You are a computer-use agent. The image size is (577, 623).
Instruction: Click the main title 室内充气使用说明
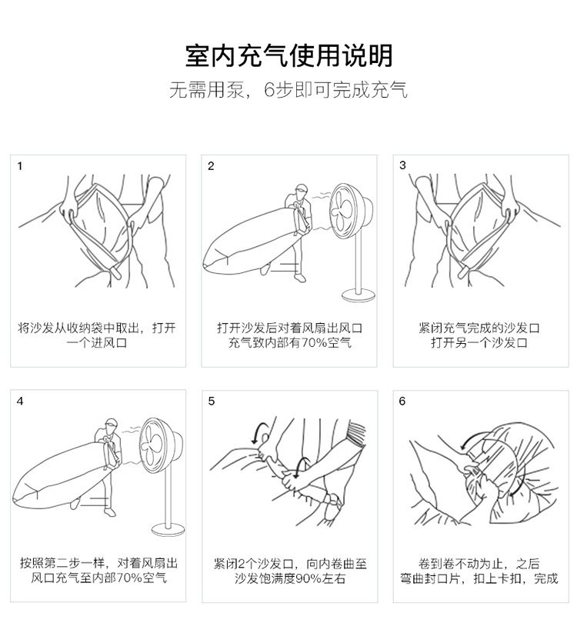click(x=289, y=55)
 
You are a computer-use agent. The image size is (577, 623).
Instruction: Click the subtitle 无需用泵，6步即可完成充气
click(x=288, y=90)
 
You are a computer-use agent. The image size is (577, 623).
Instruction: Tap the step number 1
click(x=20, y=166)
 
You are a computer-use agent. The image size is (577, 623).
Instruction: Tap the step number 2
click(x=211, y=166)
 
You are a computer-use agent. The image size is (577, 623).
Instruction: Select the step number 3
click(x=402, y=165)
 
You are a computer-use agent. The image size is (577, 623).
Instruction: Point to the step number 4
click(x=20, y=401)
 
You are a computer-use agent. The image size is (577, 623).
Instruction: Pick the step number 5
click(x=212, y=401)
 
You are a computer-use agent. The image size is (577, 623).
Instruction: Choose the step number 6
click(x=402, y=401)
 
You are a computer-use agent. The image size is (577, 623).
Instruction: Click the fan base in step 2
click(x=359, y=295)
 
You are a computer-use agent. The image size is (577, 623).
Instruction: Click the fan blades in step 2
click(x=342, y=212)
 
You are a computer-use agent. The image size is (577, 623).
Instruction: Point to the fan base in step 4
click(x=168, y=530)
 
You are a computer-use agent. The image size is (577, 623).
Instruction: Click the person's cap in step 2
click(x=301, y=188)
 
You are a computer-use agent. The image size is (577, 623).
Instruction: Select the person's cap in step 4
click(x=111, y=422)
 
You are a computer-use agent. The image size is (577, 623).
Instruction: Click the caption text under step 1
click(x=97, y=335)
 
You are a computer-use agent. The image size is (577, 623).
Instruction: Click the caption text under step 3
click(x=479, y=335)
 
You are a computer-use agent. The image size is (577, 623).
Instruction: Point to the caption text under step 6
click(x=479, y=571)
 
